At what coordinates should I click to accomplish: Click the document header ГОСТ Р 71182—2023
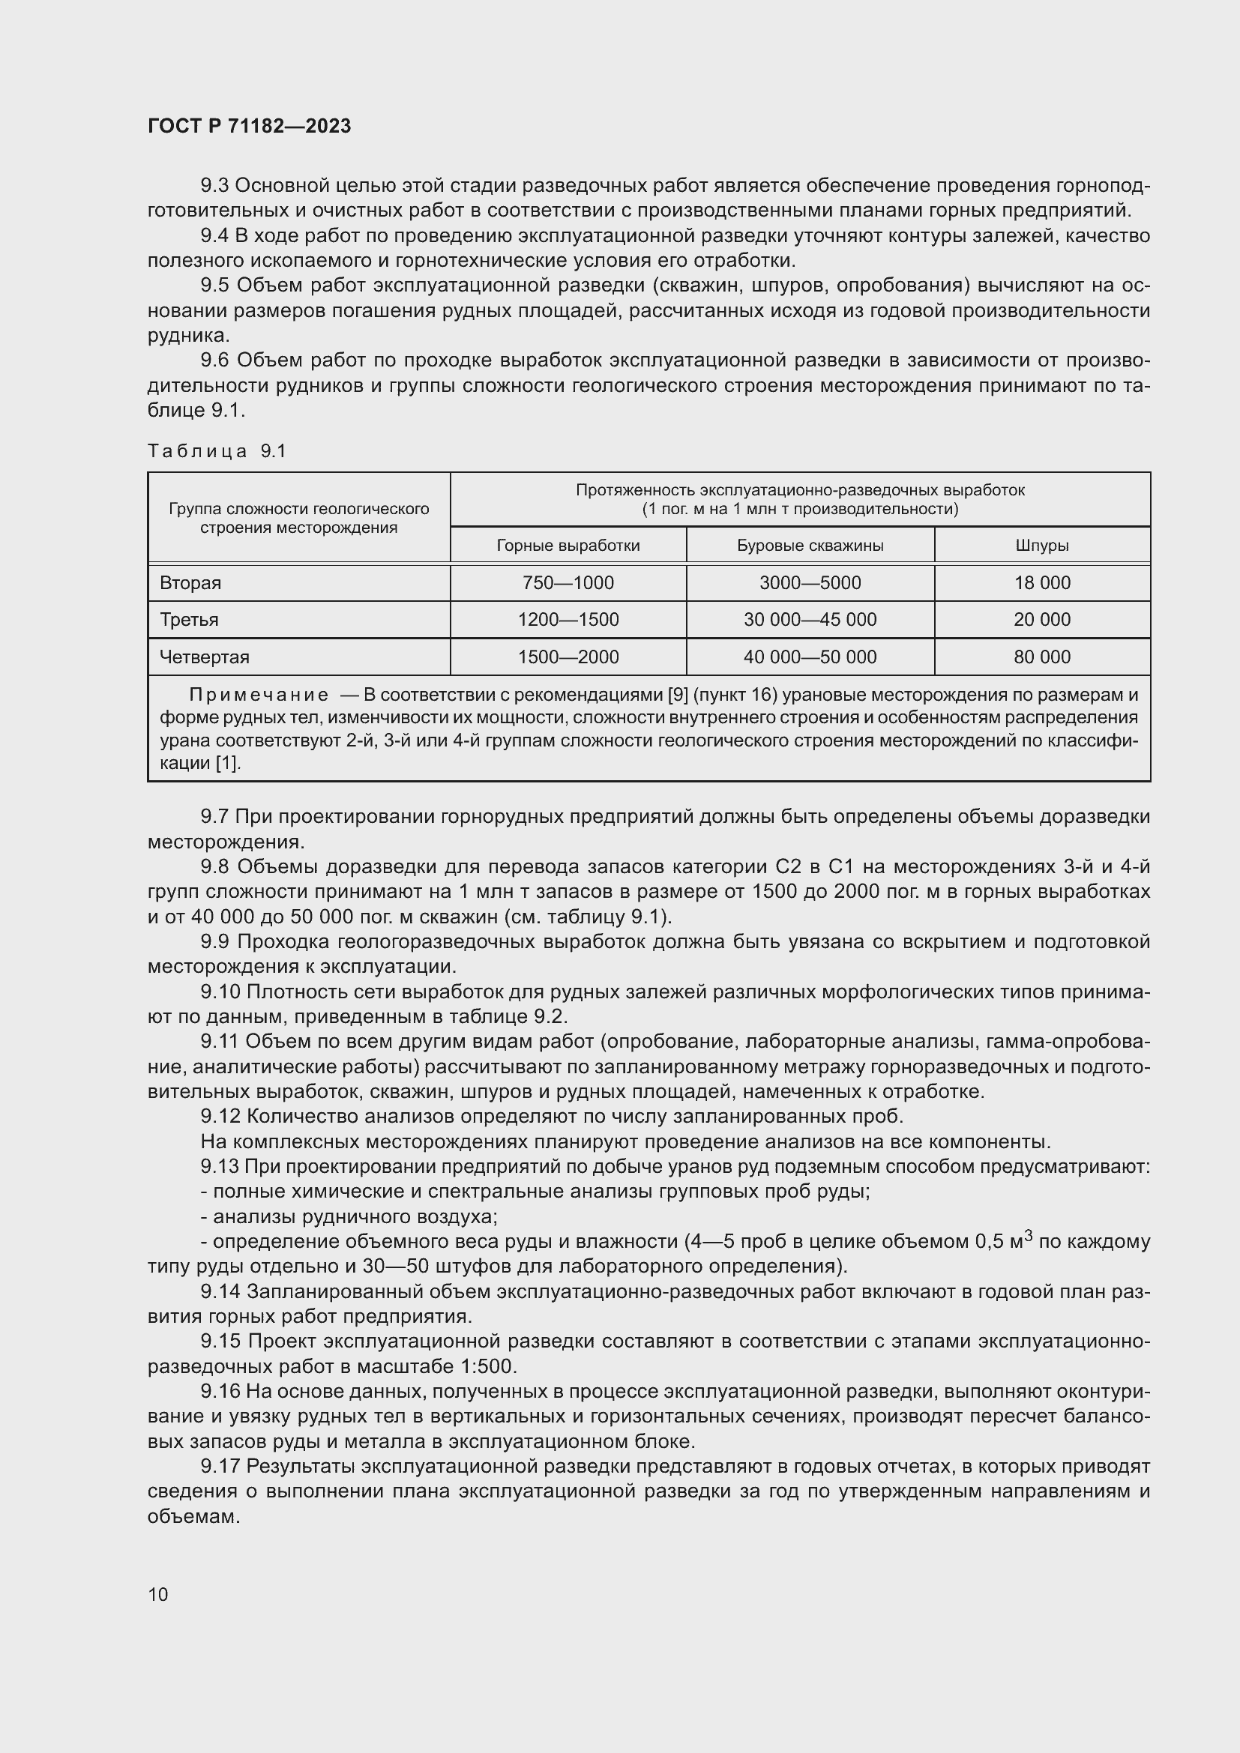(249, 126)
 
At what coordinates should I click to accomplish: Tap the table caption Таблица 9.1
(217, 451)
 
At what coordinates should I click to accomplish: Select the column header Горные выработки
(568, 546)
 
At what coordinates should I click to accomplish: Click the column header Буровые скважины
(810, 546)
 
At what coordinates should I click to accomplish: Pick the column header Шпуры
(1041, 546)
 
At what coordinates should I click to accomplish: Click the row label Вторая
(190, 583)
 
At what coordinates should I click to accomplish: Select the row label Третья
(189, 620)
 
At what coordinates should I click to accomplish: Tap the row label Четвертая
(204, 657)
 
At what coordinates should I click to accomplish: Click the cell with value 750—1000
(568, 583)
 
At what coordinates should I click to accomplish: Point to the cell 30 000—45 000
(810, 620)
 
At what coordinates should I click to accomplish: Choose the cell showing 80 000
(1041, 657)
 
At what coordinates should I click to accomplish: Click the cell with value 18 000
(1041, 583)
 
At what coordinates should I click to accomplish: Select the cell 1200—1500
(568, 620)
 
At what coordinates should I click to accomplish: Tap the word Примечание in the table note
(259, 696)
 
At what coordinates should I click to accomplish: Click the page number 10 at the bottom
(158, 1594)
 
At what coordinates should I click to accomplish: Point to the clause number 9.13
(220, 1167)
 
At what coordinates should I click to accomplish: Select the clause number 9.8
(214, 866)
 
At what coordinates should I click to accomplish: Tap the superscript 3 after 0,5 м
(1029, 1235)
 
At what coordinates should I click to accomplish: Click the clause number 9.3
(214, 186)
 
